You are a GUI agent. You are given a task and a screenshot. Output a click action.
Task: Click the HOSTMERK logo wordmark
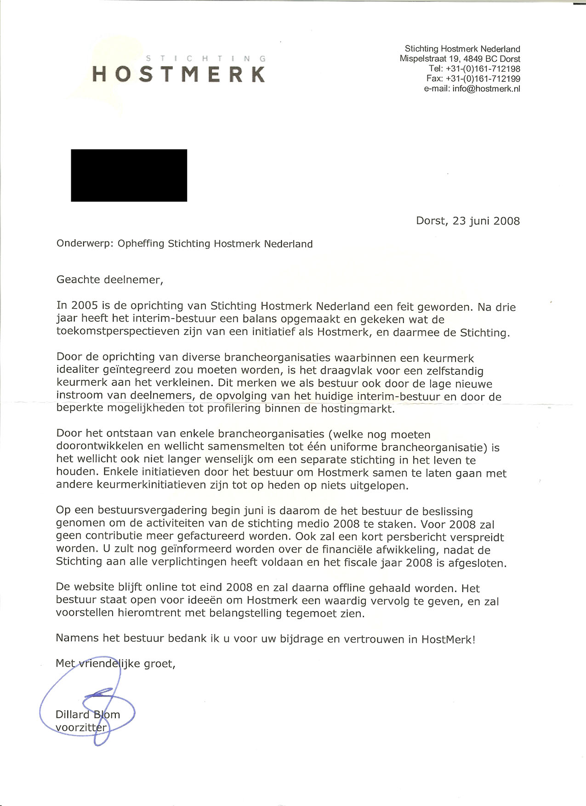[x=179, y=74]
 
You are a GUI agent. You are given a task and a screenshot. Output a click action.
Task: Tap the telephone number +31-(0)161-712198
[x=483, y=69]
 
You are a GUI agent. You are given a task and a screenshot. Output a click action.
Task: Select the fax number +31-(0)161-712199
[x=483, y=79]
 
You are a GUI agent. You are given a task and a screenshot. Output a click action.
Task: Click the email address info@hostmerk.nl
[x=486, y=89]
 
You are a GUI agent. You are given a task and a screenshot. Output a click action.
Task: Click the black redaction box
[x=129, y=175]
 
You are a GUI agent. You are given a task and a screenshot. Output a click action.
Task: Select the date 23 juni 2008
[x=486, y=221]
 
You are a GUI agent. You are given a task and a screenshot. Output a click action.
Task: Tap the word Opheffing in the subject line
[x=141, y=244]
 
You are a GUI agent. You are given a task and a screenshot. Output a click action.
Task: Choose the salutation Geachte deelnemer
[x=109, y=280]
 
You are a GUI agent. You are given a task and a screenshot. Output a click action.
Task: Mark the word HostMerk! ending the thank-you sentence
[x=448, y=639]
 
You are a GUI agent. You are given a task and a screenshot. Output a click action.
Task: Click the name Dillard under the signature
[x=72, y=715]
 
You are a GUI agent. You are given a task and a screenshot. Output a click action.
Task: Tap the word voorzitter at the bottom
[x=81, y=727]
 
